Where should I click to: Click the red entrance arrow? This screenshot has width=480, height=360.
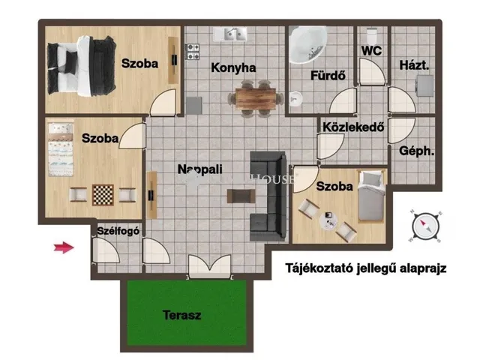[x=64, y=247]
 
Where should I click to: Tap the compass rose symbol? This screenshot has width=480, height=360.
[x=425, y=226]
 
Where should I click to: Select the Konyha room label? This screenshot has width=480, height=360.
[x=233, y=67]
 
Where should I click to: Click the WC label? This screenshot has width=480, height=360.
[x=371, y=50]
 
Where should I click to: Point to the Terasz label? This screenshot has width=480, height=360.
[x=181, y=315]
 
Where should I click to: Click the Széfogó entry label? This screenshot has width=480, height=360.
[x=118, y=231]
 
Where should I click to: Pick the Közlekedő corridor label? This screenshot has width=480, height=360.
[x=353, y=127]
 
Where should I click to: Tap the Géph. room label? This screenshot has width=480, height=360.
[x=417, y=151]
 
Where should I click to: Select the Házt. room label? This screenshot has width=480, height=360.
[x=414, y=65]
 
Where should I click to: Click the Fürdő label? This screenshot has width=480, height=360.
[x=328, y=75]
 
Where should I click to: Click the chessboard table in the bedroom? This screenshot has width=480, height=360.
[x=103, y=195]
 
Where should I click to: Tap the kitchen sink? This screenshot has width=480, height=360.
[x=230, y=34]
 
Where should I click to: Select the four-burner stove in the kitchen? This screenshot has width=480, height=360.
[x=193, y=52]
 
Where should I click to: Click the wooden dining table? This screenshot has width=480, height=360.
[x=256, y=98]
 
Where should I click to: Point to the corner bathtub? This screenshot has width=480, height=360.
[x=307, y=45]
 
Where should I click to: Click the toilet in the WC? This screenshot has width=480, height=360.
[x=372, y=35]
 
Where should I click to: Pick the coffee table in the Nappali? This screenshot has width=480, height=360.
[x=241, y=196]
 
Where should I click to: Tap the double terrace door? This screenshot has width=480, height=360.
[x=209, y=267]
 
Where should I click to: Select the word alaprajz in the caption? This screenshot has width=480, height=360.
[x=423, y=268]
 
